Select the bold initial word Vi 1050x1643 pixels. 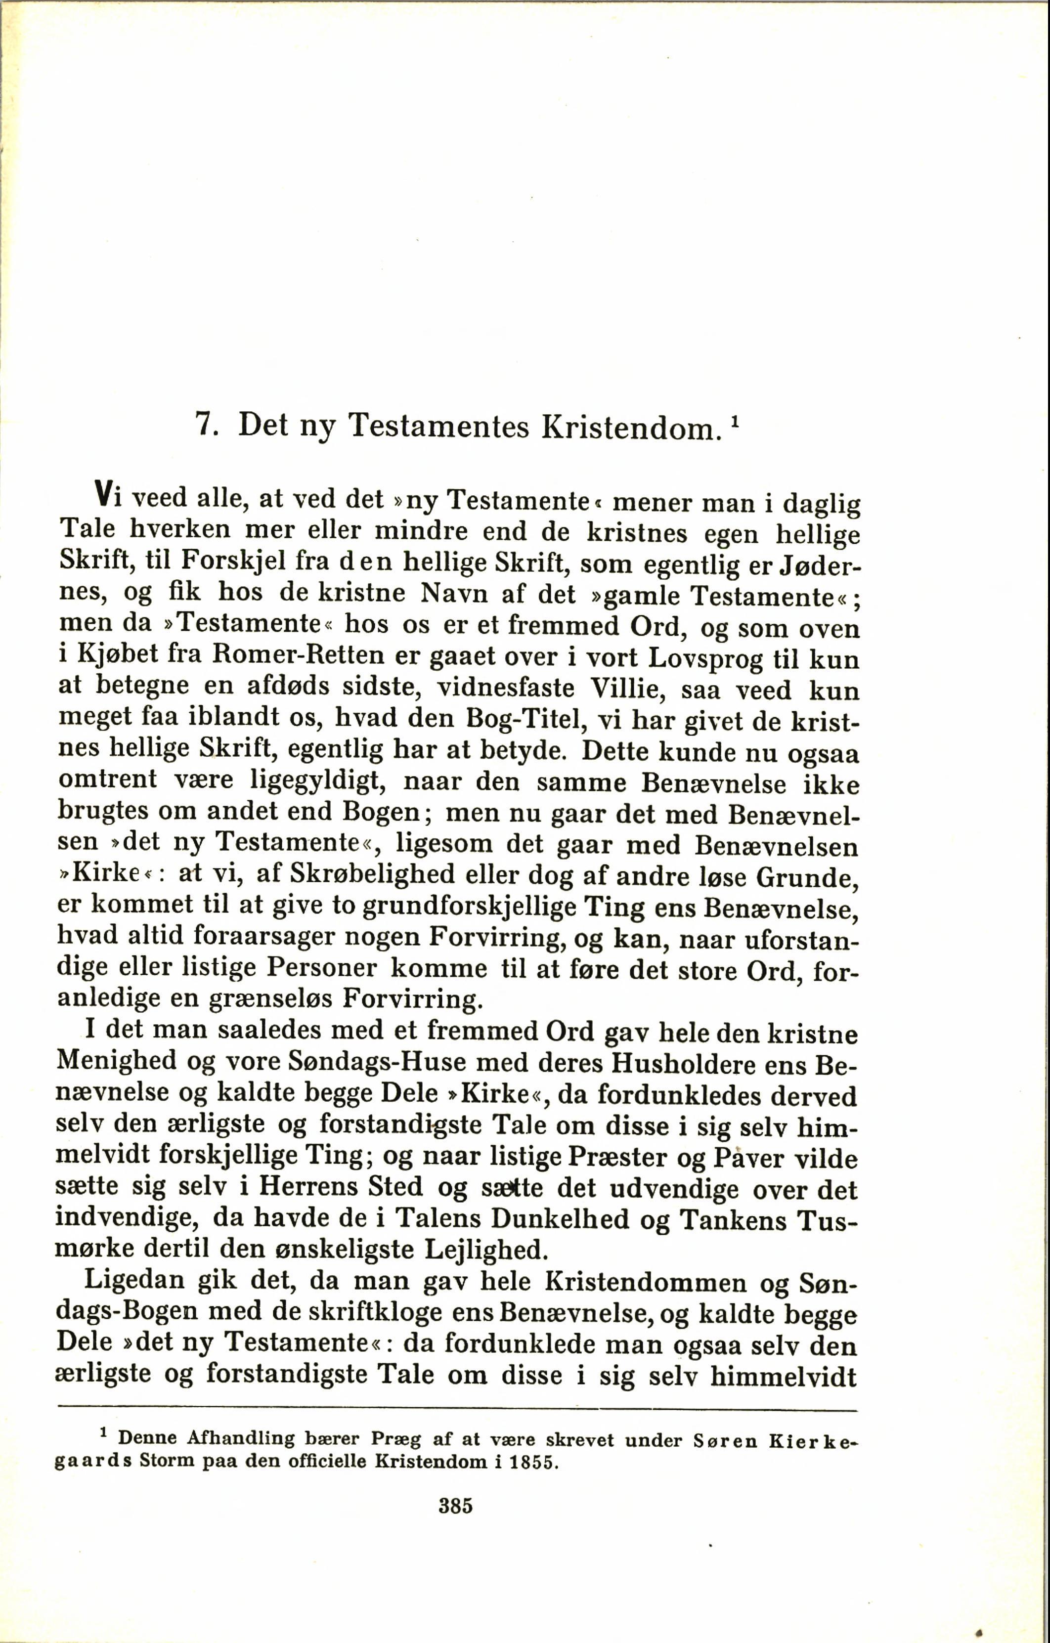(108, 494)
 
